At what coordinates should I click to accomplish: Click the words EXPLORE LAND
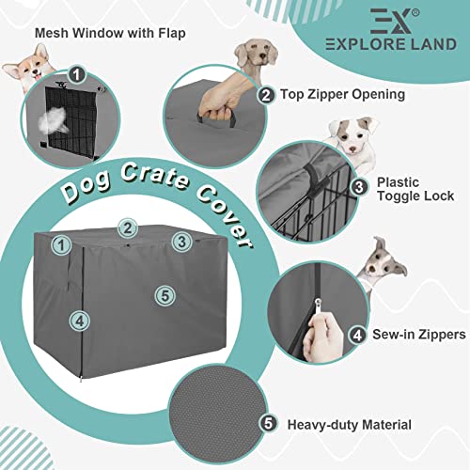387,44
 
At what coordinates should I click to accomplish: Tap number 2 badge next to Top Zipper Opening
267,94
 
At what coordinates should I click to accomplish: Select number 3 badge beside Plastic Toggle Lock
358,187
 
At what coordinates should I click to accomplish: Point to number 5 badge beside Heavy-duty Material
270,424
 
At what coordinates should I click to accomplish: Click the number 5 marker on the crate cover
164,294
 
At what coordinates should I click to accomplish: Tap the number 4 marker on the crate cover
79,320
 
